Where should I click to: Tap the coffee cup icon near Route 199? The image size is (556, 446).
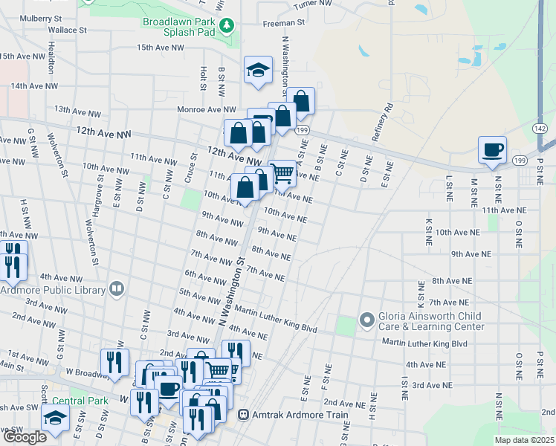click(492, 149)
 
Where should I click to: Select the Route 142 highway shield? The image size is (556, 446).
click(540, 128)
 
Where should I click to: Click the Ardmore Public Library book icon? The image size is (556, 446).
click(116, 288)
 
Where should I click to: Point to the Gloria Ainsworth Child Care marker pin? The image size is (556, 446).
click(366, 320)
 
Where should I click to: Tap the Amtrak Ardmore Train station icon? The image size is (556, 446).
click(243, 415)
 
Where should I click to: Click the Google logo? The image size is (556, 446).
click(24, 437)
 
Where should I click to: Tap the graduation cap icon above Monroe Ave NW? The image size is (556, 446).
click(258, 71)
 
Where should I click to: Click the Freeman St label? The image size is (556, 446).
click(284, 23)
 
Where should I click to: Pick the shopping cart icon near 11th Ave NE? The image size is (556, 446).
click(282, 173)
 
